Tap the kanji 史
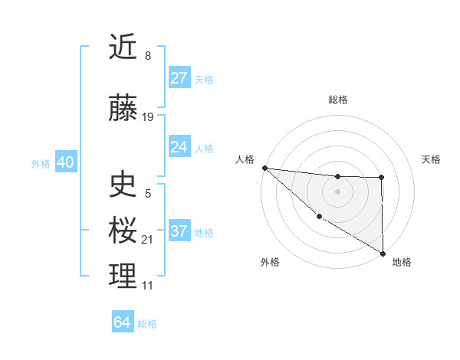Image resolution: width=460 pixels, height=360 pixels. click(123, 185)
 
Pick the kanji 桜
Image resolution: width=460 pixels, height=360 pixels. click(123, 230)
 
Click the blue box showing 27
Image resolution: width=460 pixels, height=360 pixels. click(179, 78)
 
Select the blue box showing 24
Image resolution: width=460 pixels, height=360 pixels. click(179, 147)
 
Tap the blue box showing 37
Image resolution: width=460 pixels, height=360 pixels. click(179, 231)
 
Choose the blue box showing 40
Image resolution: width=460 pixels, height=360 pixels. click(65, 162)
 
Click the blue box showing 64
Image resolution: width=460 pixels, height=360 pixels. click(123, 322)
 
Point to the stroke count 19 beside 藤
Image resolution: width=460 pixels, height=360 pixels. click(148, 117)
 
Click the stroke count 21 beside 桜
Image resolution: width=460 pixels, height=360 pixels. click(148, 240)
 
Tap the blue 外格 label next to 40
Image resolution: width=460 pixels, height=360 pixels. click(41, 163)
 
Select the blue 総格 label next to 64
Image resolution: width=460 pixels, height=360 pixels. click(148, 323)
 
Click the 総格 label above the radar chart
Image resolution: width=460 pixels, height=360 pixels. click(337, 100)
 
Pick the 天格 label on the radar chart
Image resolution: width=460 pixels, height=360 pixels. click(431, 159)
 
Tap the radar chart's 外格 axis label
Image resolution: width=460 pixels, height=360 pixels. click(270, 262)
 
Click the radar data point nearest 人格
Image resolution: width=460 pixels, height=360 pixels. click(264, 168)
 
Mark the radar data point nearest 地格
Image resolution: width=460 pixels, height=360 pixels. click(382, 253)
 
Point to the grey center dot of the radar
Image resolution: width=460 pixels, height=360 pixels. click(337, 191)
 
